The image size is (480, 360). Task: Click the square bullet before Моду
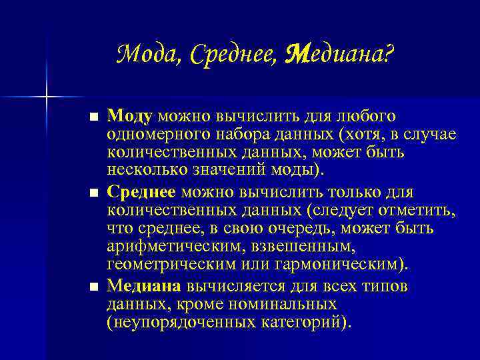93,118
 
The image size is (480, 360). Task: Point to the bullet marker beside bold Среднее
93,193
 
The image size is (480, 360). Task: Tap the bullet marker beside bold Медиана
93,287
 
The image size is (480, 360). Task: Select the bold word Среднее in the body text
141,193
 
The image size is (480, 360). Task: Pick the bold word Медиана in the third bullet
144,287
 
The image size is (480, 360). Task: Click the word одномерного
154,135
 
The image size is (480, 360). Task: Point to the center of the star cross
46,97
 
